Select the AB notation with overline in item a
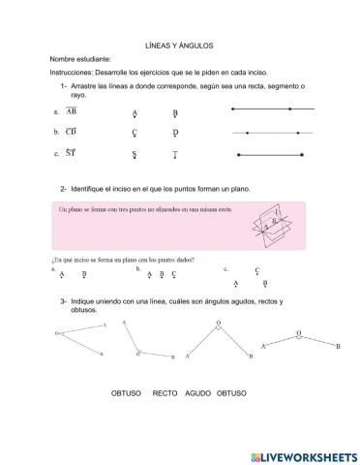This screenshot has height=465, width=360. click(x=72, y=110)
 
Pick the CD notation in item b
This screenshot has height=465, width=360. click(x=72, y=131)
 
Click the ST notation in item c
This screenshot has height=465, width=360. click(x=72, y=152)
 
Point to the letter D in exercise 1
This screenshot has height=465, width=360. click(x=175, y=132)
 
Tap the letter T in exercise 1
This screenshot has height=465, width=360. click(x=175, y=154)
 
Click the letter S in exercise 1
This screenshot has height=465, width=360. click(x=135, y=154)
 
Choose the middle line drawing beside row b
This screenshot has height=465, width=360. click(x=272, y=132)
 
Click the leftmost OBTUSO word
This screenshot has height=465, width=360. click(x=127, y=393)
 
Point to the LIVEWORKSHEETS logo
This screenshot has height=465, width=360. click(x=303, y=454)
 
